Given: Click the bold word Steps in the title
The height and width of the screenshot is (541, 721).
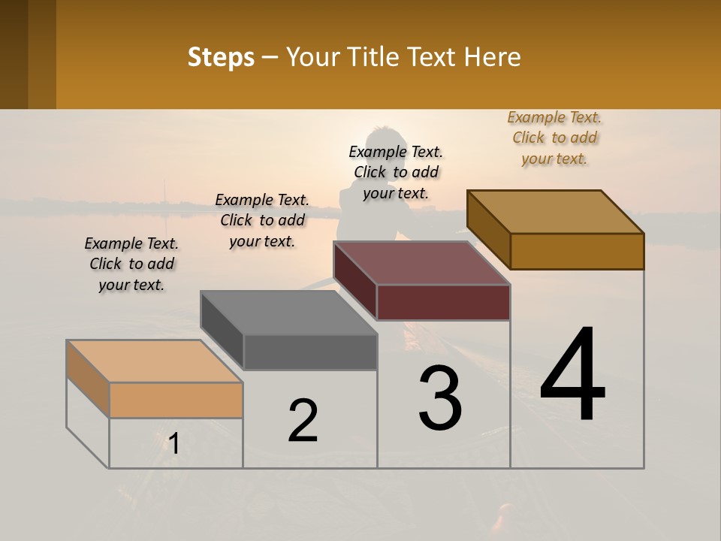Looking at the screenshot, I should [221, 57].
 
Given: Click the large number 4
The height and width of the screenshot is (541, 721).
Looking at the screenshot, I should [572, 375].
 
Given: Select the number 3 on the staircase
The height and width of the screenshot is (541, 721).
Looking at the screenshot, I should [440, 399].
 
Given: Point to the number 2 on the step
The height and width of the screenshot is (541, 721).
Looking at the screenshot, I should [303, 421].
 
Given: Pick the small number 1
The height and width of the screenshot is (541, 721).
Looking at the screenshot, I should [174, 444].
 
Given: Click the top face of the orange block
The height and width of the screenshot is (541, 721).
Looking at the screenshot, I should [154, 361].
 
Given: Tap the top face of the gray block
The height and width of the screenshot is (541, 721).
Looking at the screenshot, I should [288, 313].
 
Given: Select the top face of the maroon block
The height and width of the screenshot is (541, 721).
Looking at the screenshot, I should [421, 263].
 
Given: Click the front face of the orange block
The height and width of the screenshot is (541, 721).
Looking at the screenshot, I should [176, 400].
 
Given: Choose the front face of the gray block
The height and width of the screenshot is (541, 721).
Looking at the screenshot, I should [310, 352].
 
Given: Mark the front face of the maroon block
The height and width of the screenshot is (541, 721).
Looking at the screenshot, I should [443, 302].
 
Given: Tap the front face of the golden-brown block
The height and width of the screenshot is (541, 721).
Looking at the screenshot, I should [577, 251].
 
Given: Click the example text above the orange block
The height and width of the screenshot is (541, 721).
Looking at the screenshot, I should [131, 264].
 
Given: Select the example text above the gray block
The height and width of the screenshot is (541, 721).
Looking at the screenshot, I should [262, 221].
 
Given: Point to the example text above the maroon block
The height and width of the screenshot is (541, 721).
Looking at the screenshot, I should [396, 173].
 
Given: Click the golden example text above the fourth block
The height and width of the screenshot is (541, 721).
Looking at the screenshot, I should [554, 138].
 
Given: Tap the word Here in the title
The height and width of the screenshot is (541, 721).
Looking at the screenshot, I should [493, 57].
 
